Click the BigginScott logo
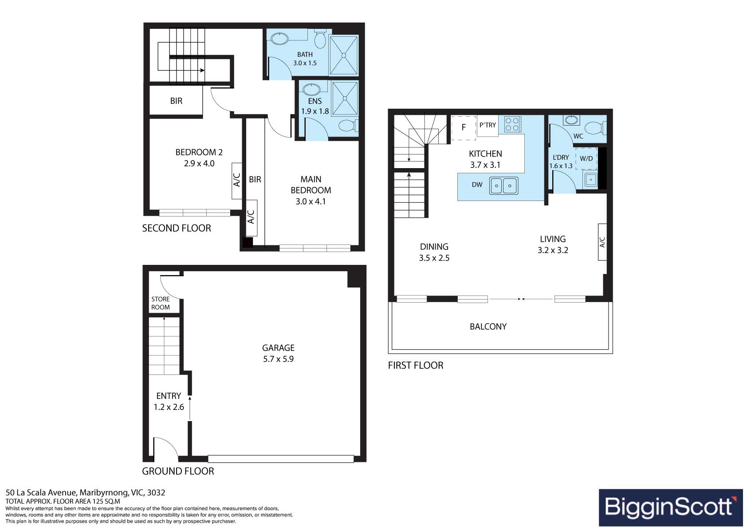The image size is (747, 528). (671, 508)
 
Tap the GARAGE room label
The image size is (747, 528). (278, 348)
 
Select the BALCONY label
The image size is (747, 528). (488, 327)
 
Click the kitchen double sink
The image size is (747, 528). (503, 185)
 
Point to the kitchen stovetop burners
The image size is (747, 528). (512, 124)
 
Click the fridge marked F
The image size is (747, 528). (464, 128)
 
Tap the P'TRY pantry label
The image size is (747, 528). (488, 125)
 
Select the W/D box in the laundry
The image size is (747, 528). (586, 158)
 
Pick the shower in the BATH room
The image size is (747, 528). (343, 55)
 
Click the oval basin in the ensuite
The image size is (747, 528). (311, 89)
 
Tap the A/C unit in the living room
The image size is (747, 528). (602, 242)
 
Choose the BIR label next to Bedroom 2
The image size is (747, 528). (176, 101)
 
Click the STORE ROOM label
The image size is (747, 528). (161, 303)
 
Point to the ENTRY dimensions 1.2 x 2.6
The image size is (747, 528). (169, 407)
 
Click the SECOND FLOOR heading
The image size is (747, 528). (177, 228)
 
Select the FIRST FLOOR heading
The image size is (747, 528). (416, 365)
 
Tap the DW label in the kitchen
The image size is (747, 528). (477, 185)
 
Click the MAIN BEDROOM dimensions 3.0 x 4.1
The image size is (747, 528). (311, 201)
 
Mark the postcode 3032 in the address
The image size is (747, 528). (156, 493)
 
